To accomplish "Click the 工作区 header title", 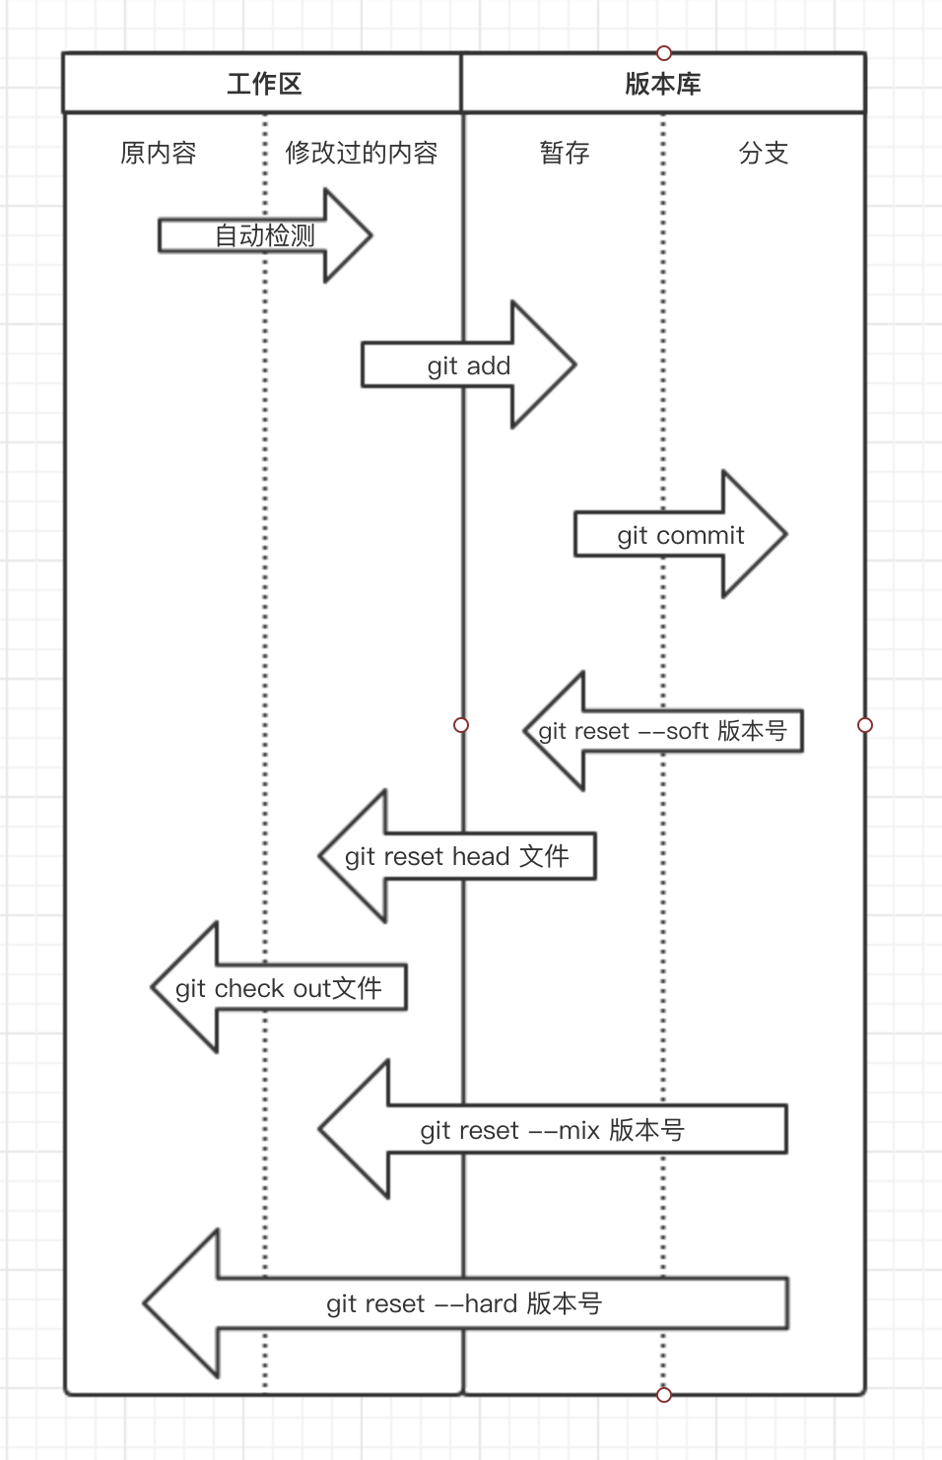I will pos(263,84).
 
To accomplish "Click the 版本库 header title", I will pos(662,84).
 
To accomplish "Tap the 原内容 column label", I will pos(159,153).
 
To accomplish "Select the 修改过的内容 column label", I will pos(361,153).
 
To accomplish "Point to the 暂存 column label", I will pos(565,153).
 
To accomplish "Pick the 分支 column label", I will pos(764,153).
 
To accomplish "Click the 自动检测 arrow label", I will pos(264,235).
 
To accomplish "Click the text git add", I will pos(469,365).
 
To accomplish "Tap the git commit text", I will pos(681,535).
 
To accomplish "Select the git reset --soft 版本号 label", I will pos(662,731).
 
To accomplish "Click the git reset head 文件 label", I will pos(456,856).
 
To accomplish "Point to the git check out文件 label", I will pos(278,988).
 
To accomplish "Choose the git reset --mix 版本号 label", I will pos(552,1130).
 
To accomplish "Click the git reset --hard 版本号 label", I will pos(464,1303).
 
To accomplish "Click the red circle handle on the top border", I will pos(663,52).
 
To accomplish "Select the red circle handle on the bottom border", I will pos(663,1394).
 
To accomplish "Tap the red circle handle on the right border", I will pos(865,725).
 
